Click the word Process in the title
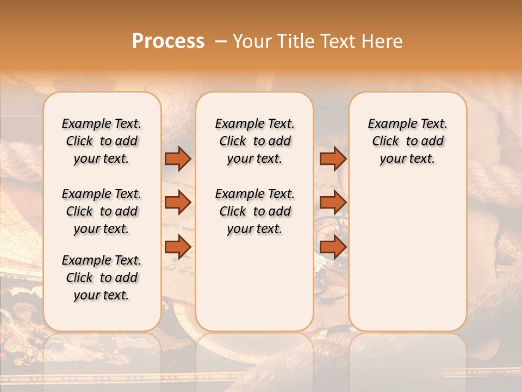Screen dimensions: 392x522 pos(168,41)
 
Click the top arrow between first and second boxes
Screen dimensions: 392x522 pos(178,159)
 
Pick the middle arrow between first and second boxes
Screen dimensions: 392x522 pos(178,203)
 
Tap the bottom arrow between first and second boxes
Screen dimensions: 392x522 pos(178,247)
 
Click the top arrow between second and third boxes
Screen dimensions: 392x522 pos(333,159)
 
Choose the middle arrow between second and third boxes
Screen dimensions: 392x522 pos(333,203)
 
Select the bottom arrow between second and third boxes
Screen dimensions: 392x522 pos(333,247)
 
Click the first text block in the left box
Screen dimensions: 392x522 pos(102,141)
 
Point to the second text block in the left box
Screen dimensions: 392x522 pos(102,211)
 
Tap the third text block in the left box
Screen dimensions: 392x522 pos(102,278)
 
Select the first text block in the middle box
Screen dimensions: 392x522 pos(255,141)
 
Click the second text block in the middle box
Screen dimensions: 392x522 pos(255,211)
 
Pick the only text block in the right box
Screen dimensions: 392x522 pos(408,141)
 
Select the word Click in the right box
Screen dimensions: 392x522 pos(386,142)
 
